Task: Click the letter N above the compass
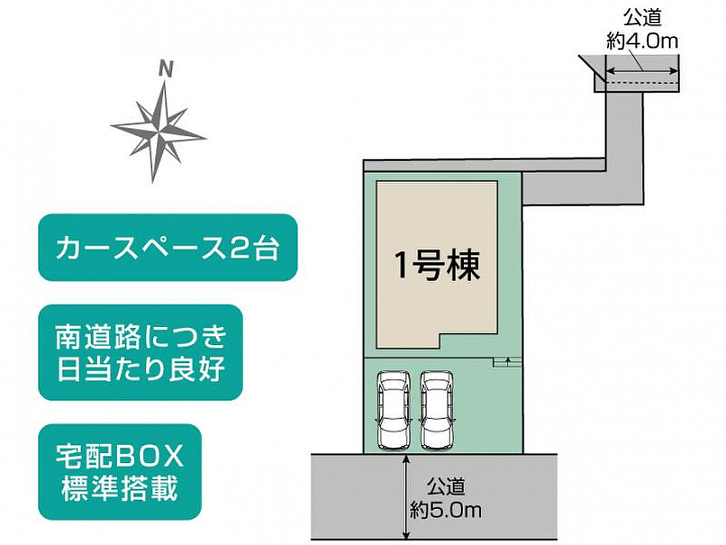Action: coord(165,69)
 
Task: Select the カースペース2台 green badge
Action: coord(168,247)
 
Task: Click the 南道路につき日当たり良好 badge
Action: coord(140,352)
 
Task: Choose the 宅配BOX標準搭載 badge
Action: coord(120,472)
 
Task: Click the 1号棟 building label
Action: coord(437,265)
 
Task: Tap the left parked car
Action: coord(394,410)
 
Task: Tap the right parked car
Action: coord(436,410)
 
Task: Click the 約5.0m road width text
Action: coord(446,510)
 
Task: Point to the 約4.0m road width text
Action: coord(642,41)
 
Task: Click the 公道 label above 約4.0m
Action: coord(642,18)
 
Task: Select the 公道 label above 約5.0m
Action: coord(446,486)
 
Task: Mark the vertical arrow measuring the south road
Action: coord(406,497)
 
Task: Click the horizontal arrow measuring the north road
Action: coord(642,71)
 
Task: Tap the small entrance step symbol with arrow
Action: coord(507,362)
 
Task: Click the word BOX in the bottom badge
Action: coord(149,456)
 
